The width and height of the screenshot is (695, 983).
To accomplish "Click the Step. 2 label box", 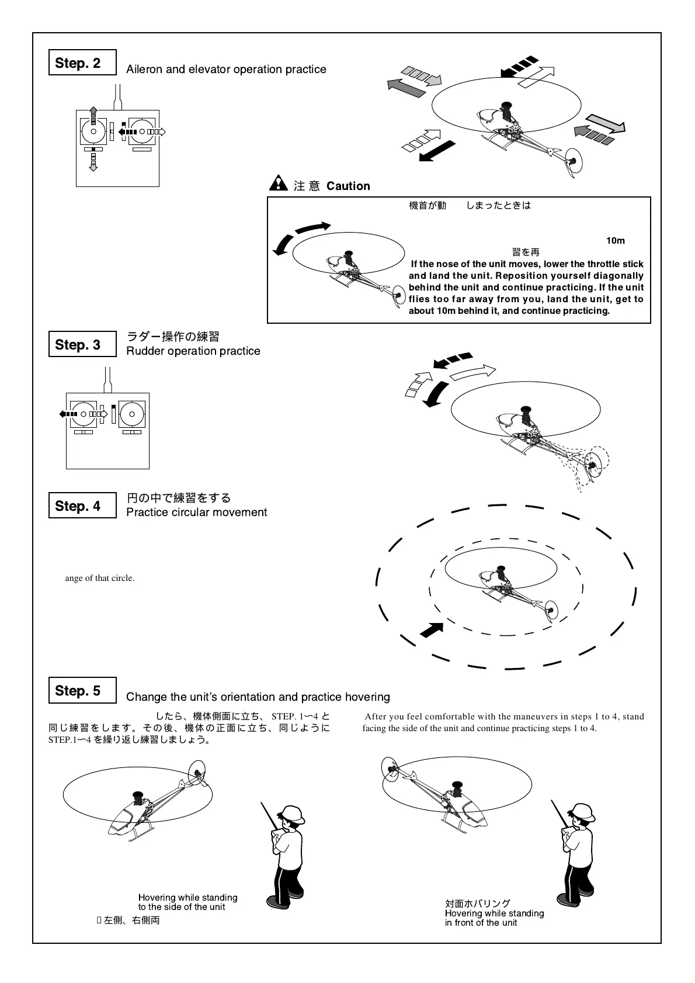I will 82,63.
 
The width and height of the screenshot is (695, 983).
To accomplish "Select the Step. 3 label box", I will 82,344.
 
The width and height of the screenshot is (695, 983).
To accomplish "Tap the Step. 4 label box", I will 82,506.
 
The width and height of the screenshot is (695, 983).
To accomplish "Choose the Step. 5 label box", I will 82,690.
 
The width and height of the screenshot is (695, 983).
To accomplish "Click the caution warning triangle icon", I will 278,184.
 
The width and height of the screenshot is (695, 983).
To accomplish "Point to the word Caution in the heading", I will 348,186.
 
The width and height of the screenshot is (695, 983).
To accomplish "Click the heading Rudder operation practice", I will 193,351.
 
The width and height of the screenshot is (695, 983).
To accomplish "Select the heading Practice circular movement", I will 197,512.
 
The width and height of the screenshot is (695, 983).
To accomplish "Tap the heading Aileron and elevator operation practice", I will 226,69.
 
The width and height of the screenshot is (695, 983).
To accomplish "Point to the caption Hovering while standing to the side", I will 187,902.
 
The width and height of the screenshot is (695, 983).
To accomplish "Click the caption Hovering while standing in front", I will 494,918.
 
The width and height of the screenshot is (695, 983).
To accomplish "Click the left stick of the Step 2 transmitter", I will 93,131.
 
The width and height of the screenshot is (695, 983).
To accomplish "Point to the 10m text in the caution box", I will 615,241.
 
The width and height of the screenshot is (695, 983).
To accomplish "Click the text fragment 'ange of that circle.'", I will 100,578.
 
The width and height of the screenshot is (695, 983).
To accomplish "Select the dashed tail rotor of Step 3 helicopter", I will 595,465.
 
